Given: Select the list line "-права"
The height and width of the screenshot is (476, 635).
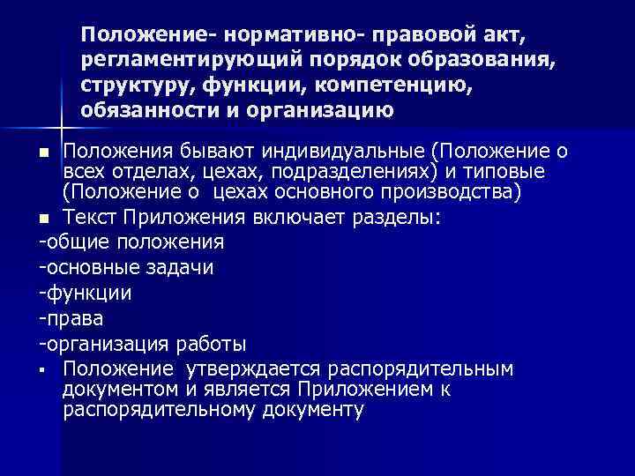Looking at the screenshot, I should [68, 317].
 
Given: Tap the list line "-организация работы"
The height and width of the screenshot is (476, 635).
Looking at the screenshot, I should [142, 343].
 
